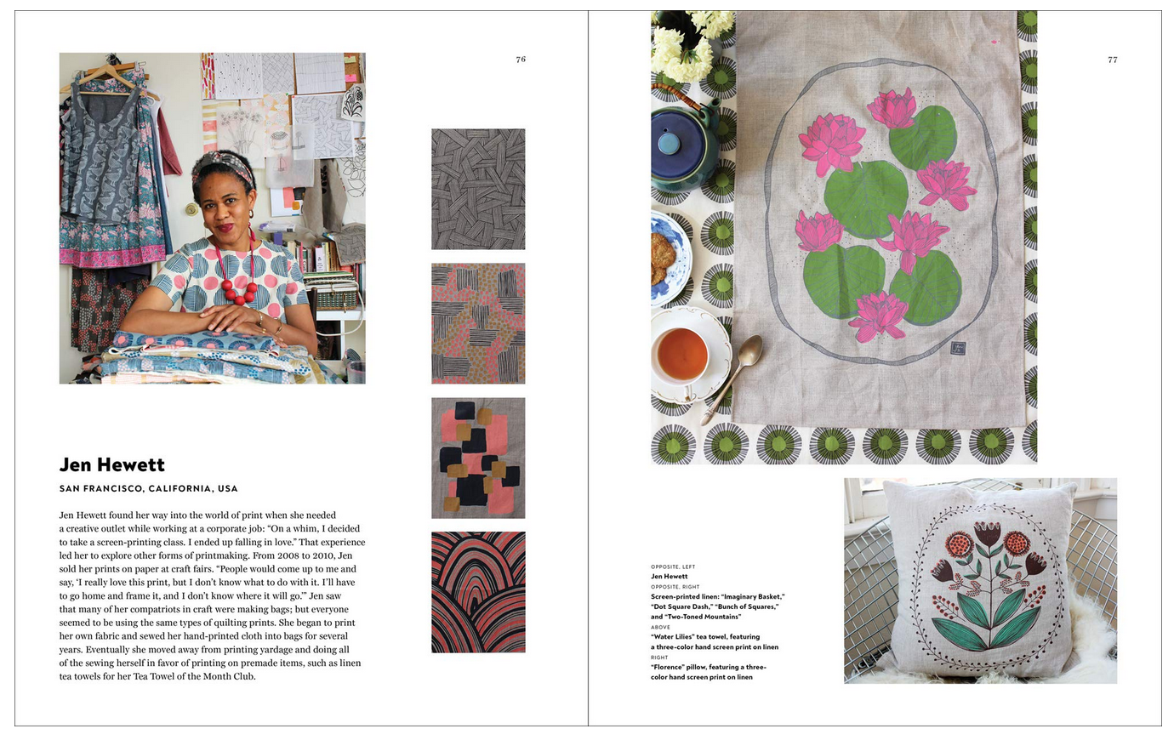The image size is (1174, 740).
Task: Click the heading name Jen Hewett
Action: coord(111,464)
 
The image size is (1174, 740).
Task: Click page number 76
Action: coord(521,60)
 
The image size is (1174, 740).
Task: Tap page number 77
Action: coord(1112,60)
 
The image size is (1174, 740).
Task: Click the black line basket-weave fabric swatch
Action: coord(478,189)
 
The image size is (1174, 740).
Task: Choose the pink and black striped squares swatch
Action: coord(478,323)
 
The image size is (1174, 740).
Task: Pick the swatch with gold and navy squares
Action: coord(478,458)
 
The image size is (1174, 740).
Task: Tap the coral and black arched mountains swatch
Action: coord(478,592)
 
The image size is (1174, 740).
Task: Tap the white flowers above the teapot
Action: coord(691,43)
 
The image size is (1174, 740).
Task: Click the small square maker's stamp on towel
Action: coord(958,348)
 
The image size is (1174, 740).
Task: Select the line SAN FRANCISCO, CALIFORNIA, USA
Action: coord(148,489)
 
